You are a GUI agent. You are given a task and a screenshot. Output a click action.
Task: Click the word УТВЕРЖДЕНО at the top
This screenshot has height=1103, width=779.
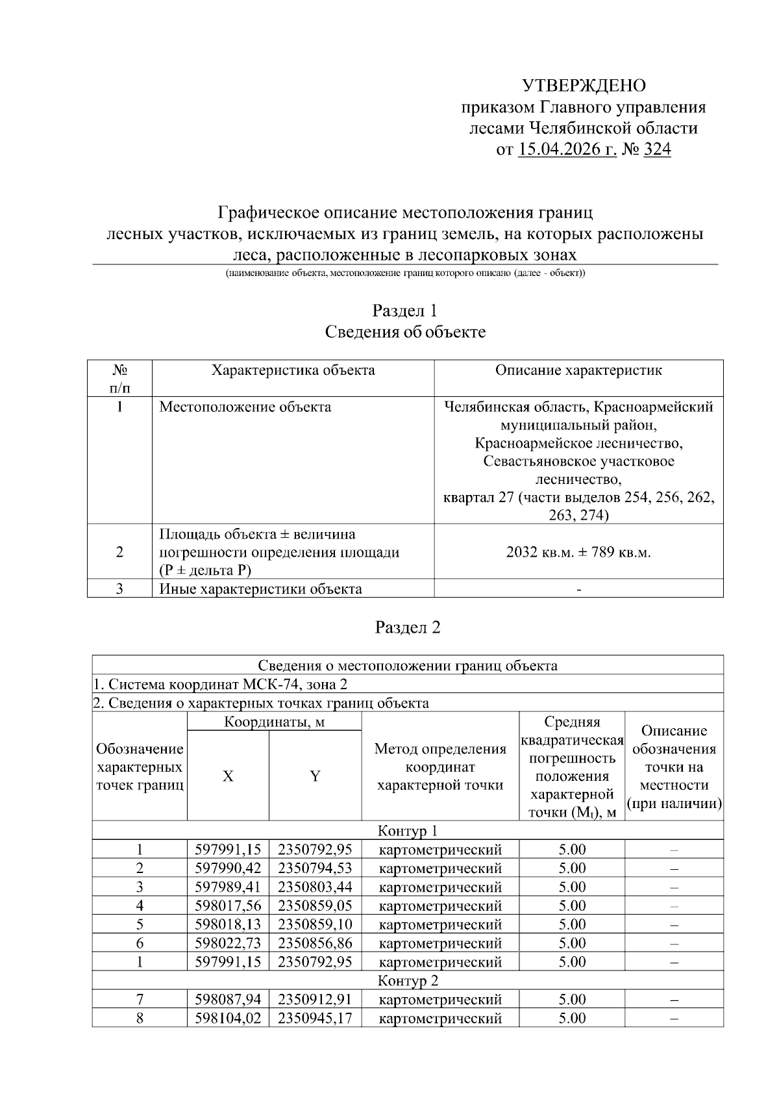point(584,86)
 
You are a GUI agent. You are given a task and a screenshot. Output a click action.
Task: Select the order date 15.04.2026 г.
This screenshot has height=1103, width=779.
point(567,150)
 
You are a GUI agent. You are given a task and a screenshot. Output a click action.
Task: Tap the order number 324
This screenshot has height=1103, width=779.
point(657,150)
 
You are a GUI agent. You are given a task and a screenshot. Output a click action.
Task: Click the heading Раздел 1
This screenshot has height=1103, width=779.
point(404,311)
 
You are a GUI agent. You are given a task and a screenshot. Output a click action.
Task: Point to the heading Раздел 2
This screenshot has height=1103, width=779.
point(407,628)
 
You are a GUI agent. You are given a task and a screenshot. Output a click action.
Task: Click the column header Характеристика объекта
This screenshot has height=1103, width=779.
point(293,370)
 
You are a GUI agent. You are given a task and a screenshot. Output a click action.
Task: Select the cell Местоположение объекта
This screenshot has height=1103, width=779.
point(245,407)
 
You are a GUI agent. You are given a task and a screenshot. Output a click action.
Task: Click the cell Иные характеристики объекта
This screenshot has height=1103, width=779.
point(260,589)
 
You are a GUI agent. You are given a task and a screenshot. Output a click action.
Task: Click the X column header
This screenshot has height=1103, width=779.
point(228,776)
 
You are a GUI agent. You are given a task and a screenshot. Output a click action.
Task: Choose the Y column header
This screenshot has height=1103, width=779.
point(315,776)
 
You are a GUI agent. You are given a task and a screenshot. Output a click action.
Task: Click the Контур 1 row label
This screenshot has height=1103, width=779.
point(407,831)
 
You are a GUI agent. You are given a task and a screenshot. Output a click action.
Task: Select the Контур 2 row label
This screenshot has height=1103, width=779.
point(407,980)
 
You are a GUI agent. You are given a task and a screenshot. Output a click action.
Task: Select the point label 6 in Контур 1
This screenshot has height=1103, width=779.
point(140,943)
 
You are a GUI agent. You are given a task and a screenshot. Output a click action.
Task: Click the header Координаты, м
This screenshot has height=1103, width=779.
point(274,722)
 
